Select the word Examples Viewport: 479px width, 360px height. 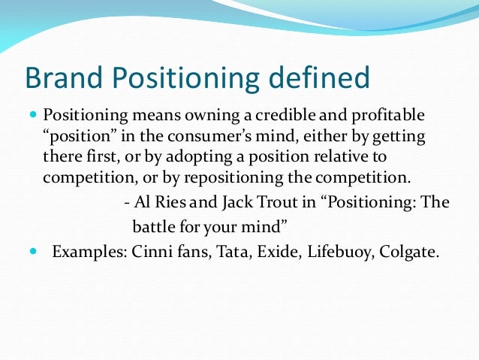(82, 250)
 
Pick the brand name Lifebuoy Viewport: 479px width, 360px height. (337, 250)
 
